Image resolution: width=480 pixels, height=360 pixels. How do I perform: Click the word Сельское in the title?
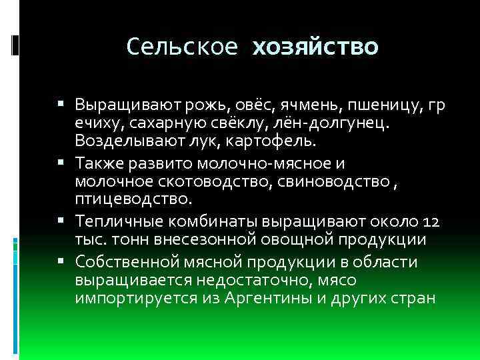pos(181,47)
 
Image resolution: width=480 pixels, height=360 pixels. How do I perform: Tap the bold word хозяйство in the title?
pos(315,47)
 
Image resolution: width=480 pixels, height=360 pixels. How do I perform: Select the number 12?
pos(434,221)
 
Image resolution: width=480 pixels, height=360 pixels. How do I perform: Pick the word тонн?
pos(133,239)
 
